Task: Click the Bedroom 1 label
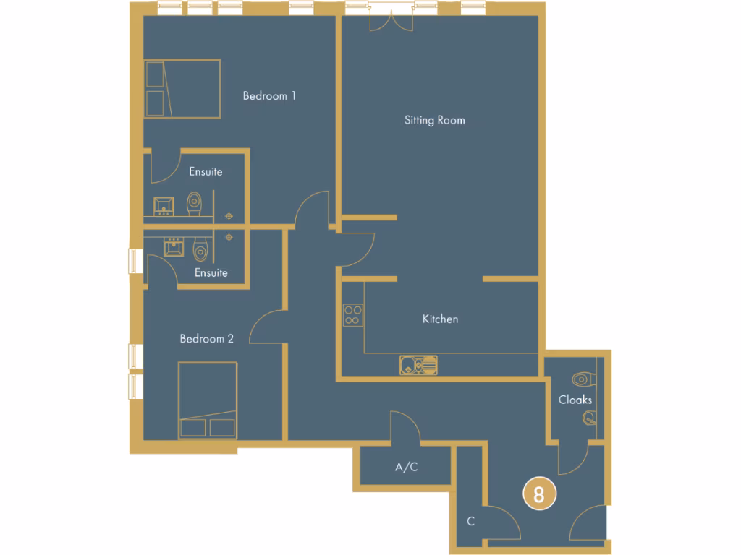pyautogui.click(x=269, y=95)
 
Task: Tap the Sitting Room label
pyautogui.click(x=434, y=120)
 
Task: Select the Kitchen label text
pyautogui.click(x=440, y=319)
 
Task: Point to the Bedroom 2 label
pyautogui.click(x=207, y=338)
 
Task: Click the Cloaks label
pyautogui.click(x=575, y=400)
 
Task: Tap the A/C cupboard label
pyautogui.click(x=406, y=468)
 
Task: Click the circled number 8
pyautogui.click(x=539, y=495)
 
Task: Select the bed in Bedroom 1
pyautogui.click(x=182, y=88)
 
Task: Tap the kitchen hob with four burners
pyautogui.click(x=353, y=314)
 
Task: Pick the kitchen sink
pyautogui.click(x=418, y=365)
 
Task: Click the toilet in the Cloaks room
pyautogui.click(x=583, y=379)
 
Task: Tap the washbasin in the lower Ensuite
pyautogui.click(x=173, y=248)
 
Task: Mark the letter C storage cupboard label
pyautogui.click(x=470, y=521)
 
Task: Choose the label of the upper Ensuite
pyautogui.click(x=206, y=172)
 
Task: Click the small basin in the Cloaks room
pyautogui.click(x=589, y=416)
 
